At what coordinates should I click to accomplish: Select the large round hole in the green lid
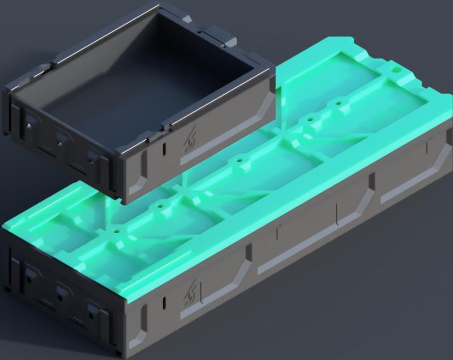pos(397,71)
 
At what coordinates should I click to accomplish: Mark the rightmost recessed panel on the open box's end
pos(93,158)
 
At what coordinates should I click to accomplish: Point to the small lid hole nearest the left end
pos(118,232)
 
